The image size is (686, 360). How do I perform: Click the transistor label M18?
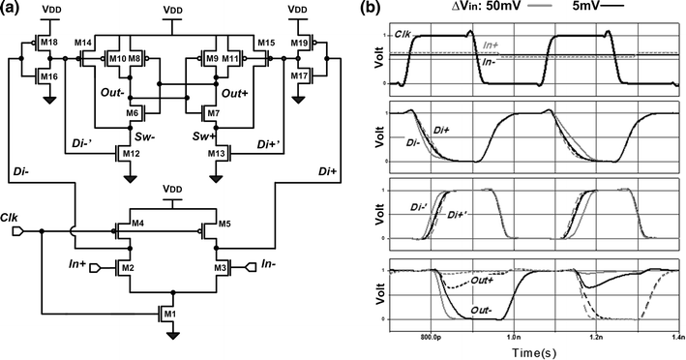click(x=50, y=43)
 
